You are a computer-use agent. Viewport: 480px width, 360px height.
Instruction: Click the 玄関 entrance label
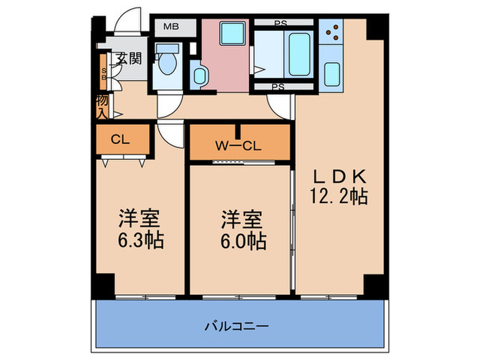click(x=129, y=58)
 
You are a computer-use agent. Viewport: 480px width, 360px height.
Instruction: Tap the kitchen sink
click(x=333, y=73)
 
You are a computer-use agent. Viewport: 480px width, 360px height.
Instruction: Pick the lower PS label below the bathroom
click(x=278, y=87)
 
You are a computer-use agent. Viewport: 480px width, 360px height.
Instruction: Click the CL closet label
click(x=121, y=140)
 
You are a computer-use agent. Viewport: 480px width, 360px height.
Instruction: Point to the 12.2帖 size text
click(x=340, y=197)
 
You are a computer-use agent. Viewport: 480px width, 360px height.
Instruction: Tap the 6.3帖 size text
click(x=140, y=242)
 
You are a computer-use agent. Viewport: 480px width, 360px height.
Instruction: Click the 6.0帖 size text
click(x=243, y=242)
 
